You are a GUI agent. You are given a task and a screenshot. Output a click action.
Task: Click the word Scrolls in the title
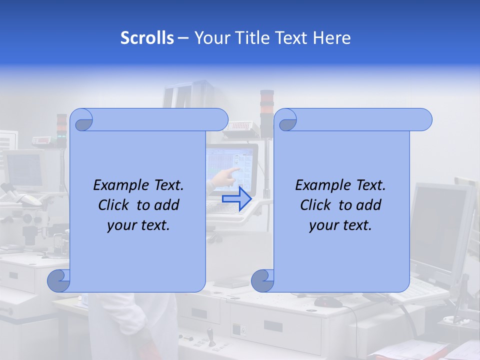(147, 38)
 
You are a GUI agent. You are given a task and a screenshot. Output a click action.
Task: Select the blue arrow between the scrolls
(236, 198)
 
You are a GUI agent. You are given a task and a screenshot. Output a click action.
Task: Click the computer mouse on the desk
(328, 301)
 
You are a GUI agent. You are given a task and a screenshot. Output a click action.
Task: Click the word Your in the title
(210, 38)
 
